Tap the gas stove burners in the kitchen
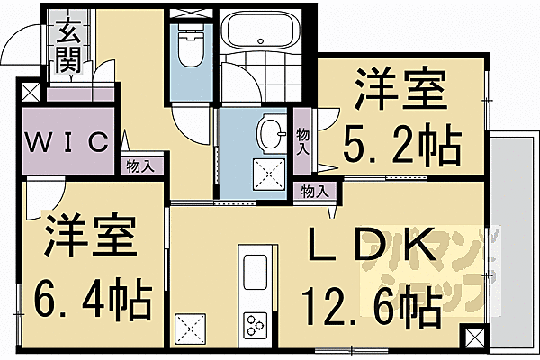[x=255, y=323]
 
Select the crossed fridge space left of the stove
[x=190, y=324]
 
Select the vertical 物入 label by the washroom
[x=303, y=139]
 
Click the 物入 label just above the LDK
[x=315, y=191]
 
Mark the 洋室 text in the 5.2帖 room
[x=400, y=90]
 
